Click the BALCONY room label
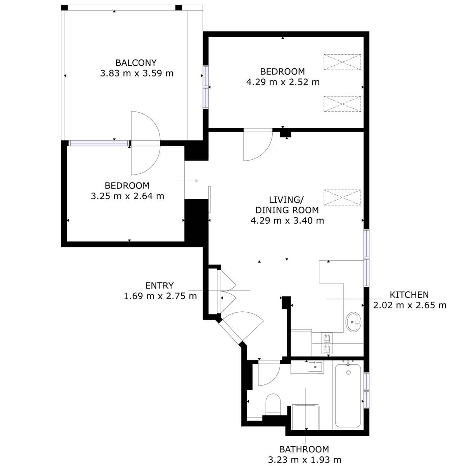tap(136, 63)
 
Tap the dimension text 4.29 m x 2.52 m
tap(283, 82)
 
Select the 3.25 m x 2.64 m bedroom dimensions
tap(128, 196)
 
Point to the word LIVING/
tap(286, 200)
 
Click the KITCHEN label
tap(409, 295)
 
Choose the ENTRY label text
tap(159, 285)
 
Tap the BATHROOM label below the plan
tap(304, 449)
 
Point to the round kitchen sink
tap(353, 322)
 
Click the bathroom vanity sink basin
tap(315, 367)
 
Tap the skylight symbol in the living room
tap(342, 197)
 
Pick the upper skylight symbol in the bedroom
tap(342, 62)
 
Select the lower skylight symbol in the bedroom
tap(342, 104)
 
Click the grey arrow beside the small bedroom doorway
tap(186, 181)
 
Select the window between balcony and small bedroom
tap(99, 143)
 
